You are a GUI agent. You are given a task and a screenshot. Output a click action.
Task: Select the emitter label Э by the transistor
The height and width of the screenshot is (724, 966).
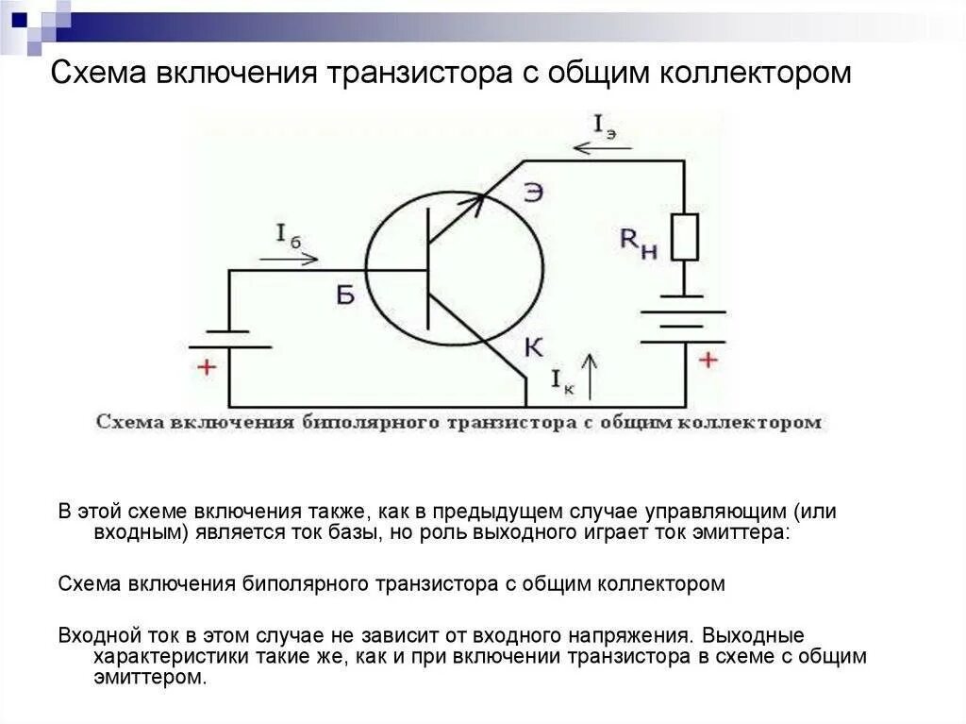(x=533, y=193)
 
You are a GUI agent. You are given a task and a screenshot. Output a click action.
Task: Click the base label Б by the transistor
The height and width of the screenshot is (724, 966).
(x=345, y=295)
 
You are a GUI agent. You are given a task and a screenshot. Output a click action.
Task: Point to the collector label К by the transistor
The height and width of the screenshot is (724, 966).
(x=533, y=347)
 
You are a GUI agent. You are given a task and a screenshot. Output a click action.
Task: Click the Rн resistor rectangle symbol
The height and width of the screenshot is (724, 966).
(x=685, y=237)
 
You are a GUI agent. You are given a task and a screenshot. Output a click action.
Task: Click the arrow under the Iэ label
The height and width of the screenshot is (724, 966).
(x=595, y=147)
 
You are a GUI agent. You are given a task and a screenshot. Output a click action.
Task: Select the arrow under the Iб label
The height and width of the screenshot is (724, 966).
(x=295, y=259)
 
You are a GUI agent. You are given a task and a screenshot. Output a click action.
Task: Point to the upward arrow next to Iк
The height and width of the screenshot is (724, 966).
(x=591, y=375)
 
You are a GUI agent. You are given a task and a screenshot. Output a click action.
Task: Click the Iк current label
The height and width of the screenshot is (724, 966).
(x=562, y=379)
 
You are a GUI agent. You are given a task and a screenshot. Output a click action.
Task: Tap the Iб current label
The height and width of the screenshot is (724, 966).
(x=288, y=236)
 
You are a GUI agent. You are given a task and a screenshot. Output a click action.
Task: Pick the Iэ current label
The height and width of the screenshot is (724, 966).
(x=605, y=126)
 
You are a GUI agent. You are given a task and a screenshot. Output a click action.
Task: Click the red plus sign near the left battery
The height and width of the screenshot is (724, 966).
(x=206, y=368)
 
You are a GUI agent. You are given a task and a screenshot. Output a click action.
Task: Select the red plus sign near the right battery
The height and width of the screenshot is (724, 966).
(x=708, y=360)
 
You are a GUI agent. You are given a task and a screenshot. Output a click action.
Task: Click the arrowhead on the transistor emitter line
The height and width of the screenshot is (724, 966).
(x=478, y=199)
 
